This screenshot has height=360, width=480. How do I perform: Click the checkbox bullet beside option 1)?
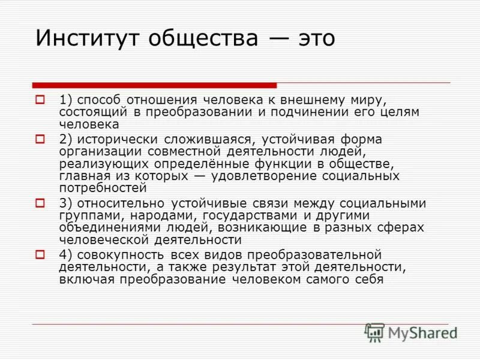pos(41,98)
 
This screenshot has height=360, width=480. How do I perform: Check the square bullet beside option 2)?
pos(41,139)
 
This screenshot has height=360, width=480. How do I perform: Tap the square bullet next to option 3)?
pos(41,203)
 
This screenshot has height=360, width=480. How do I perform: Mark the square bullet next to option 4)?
pos(41,254)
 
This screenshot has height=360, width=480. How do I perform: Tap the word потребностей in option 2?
pos(103,188)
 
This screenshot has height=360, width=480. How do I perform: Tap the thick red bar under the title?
pos(155,85)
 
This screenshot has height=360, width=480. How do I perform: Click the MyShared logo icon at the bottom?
pos(374,332)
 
